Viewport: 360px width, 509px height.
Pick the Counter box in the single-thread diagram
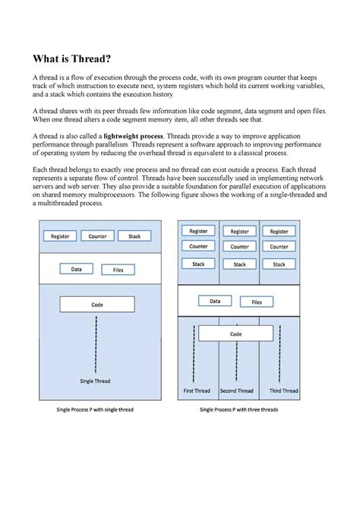[x=97, y=236]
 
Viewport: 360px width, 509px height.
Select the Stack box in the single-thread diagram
[x=134, y=236]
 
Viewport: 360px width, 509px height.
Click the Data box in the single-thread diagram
[x=77, y=270]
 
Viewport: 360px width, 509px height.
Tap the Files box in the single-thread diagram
[x=118, y=270]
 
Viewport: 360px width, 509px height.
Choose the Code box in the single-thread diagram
[x=96, y=304]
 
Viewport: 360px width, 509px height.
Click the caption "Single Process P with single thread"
[x=95, y=409]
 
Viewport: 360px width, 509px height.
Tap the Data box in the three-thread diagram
[x=216, y=302]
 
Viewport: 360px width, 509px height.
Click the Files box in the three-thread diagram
[x=257, y=302]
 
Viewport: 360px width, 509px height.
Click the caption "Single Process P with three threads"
[x=238, y=409]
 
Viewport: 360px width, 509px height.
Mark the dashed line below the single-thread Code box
[x=96, y=342]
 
